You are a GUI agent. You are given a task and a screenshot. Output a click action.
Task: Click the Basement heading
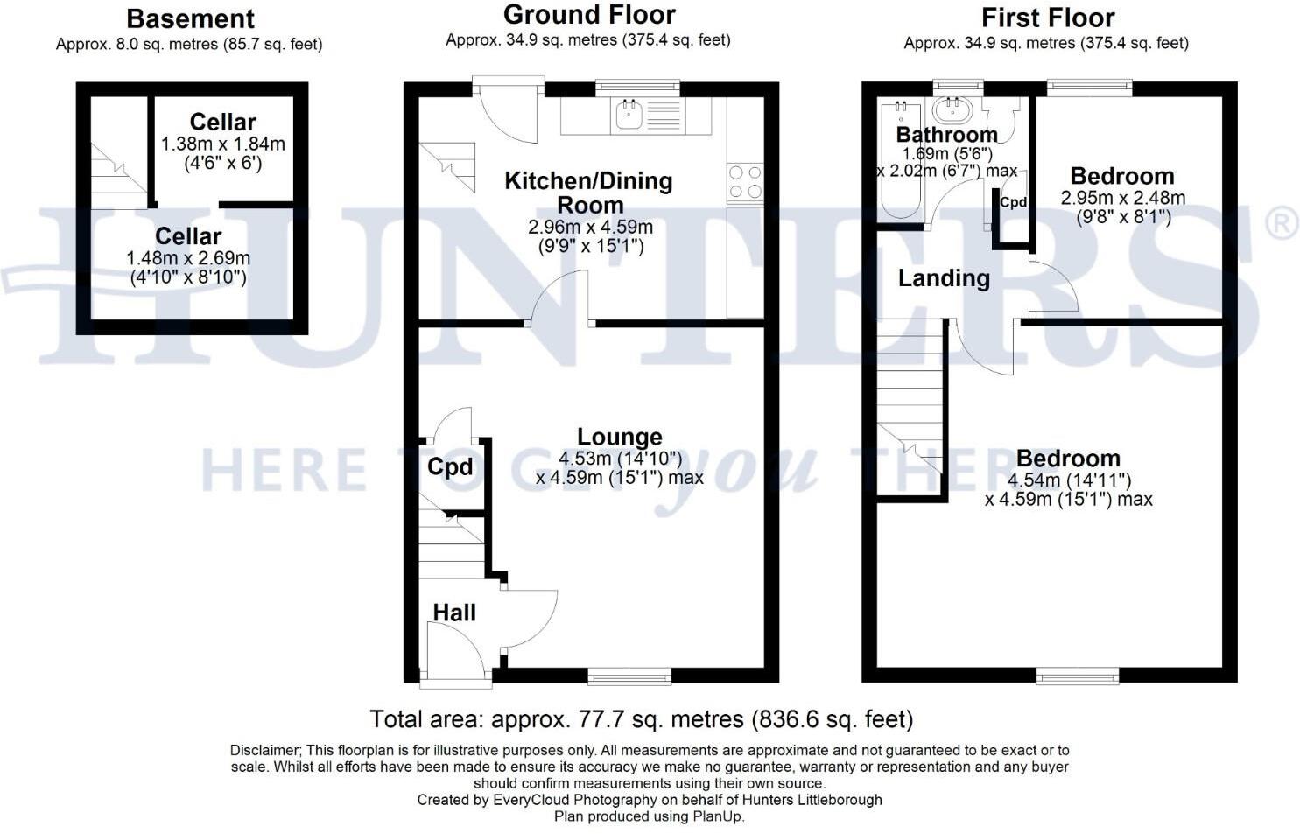pos(190,18)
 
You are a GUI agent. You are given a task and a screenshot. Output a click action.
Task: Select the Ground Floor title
pos(589,15)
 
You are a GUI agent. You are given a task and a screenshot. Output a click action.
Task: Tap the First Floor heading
pos(1047,18)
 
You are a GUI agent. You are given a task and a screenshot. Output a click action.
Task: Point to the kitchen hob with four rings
pos(744,182)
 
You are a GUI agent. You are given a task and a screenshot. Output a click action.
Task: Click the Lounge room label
pos(619,437)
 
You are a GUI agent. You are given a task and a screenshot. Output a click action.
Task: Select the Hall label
pos(454,613)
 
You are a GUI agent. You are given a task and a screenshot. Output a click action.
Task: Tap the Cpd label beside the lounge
pos(450,467)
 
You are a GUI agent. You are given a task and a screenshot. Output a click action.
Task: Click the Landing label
pos(944,278)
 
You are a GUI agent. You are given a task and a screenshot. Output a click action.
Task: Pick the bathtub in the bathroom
pos(899,162)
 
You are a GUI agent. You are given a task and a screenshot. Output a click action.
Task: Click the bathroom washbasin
pos(952,110)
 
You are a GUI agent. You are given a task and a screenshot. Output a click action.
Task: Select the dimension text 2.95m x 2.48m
pos(1122,198)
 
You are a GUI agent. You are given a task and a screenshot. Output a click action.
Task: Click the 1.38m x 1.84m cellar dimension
pos(222,144)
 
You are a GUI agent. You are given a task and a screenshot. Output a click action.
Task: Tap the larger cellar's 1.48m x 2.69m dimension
pos(188,258)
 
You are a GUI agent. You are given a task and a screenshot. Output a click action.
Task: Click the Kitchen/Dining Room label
pos(589,193)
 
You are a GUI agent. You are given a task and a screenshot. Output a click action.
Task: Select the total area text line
pos(641,719)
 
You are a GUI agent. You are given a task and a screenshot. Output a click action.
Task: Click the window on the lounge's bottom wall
pos(629,675)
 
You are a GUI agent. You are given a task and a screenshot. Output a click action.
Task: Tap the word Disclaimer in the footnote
pos(264,751)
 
